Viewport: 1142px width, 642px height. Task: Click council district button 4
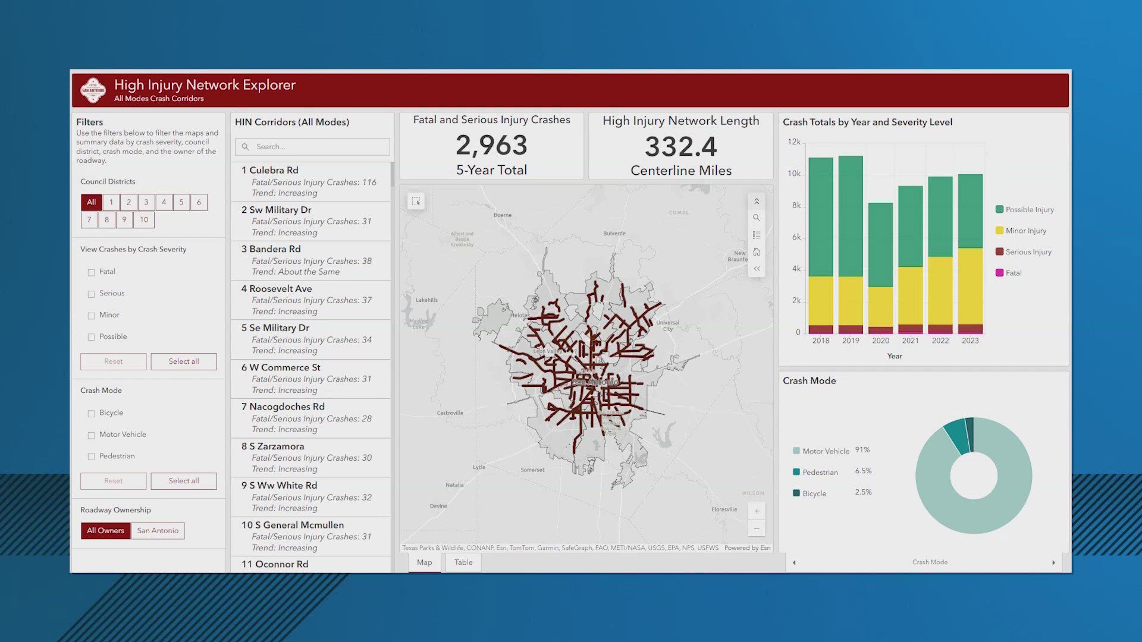pos(164,202)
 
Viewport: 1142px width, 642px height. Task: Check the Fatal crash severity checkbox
pos(91,272)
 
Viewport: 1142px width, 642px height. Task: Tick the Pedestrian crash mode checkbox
pos(91,457)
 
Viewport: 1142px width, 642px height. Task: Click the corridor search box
pos(312,147)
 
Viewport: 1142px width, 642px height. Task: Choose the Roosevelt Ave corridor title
pos(280,288)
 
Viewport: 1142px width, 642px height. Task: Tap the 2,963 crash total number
pos(491,146)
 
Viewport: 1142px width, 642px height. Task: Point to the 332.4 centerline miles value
pos(680,147)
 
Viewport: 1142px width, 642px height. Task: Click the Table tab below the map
pos(463,562)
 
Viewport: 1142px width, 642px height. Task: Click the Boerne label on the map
pos(502,215)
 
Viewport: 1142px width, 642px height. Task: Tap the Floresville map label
pos(724,509)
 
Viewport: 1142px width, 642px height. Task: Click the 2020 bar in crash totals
pos(880,267)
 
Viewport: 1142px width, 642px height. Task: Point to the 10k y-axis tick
pos(793,174)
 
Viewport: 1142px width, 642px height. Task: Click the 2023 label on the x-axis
pos(970,341)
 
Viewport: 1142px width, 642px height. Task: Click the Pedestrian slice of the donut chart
pos(956,435)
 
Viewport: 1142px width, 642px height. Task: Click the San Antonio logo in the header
pos(93,90)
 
